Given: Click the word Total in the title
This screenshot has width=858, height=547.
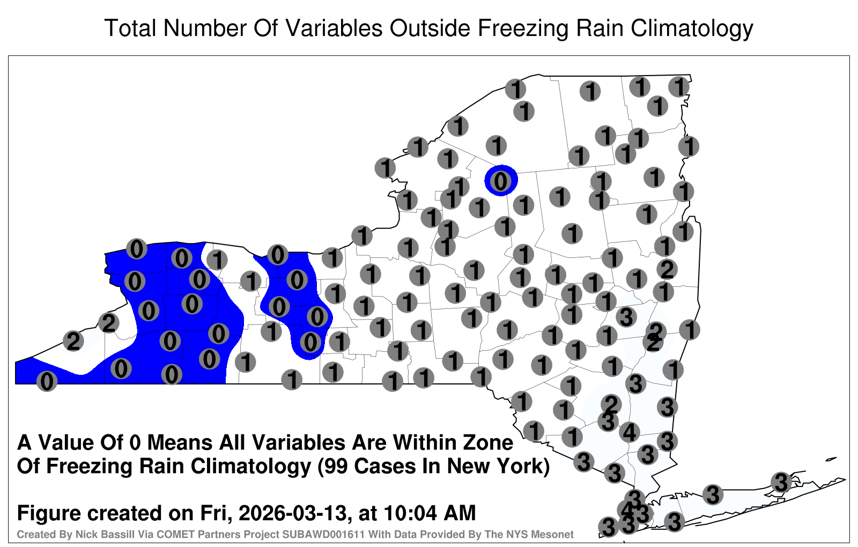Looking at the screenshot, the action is coord(130,28).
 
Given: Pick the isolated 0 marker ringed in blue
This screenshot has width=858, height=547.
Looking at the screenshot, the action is coord(501,181).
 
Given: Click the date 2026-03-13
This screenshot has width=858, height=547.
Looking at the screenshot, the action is coord(293,513).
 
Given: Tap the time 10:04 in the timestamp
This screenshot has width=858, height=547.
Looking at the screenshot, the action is coord(410,513).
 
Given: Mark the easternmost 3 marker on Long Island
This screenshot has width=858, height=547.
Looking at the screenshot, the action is coord(781,482).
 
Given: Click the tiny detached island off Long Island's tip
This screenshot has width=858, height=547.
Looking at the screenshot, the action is coord(831,459).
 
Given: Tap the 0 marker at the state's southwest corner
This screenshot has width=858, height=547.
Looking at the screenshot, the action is coord(47,381).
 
